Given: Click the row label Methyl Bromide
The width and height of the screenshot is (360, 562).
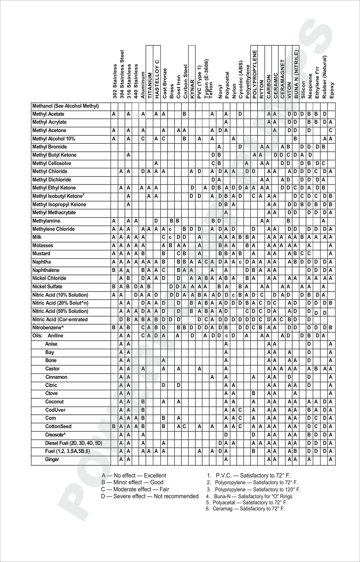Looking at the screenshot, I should click(x=49, y=147).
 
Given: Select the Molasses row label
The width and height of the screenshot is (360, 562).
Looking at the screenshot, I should click(x=43, y=245).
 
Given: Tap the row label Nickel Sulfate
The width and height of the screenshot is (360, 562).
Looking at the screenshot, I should click(x=47, y=287).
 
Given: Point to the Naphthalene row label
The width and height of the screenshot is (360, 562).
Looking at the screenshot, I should click(x=46, y=270).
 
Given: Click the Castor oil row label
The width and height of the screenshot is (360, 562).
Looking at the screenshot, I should click(x=52, y=369).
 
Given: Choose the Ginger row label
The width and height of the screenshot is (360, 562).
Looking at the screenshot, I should click(x=52, y=459).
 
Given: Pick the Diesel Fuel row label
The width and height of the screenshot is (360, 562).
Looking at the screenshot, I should click(x=73, y=443).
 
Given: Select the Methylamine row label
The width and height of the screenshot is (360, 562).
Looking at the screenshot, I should click(x=46, y=221).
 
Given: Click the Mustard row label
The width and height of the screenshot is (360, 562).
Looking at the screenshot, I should click(x=41, y=254).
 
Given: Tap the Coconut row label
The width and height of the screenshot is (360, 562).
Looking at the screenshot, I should click(x=54, y=402).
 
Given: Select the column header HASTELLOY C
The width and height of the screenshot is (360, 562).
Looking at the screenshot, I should click(x=157, y=79).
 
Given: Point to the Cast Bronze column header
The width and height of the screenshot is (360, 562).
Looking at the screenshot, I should click(x=164, y=83).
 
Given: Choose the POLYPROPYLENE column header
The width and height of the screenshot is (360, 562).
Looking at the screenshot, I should click(x=255, y=74).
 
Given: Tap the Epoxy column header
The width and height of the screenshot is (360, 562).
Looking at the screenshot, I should click(x=331, y=90).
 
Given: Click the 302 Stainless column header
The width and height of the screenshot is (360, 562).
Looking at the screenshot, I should click(x=115, y=81).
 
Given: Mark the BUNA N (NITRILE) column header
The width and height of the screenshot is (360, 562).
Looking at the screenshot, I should click(x=296, y=74).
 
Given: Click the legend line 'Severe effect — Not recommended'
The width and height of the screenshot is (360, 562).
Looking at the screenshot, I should click(x=150, y=496).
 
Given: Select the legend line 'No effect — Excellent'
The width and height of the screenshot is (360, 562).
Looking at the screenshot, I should click(x=134, y=475).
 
